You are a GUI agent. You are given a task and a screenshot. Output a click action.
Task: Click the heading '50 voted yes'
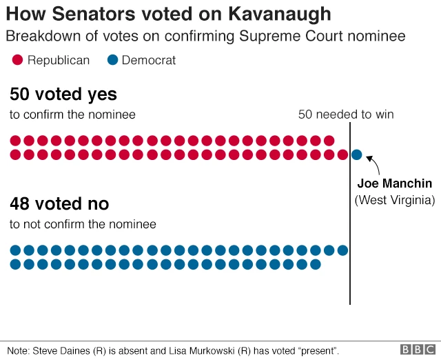point(63,94)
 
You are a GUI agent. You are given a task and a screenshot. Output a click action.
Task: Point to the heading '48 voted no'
point(59,204)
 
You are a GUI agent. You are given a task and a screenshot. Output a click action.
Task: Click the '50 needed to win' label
point(346,114)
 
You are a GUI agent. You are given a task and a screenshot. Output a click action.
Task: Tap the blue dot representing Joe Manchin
point(356,154)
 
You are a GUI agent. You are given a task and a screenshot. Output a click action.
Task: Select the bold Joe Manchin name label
point(395,183)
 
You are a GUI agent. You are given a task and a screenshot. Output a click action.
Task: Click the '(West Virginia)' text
point(395,200)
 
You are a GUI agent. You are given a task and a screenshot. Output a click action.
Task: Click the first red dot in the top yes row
point(15,141)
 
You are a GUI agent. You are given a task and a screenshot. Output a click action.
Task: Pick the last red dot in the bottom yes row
point(342,154)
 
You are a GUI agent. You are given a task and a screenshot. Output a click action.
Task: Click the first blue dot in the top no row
point(15,250)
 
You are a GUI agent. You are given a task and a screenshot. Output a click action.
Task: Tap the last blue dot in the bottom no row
point(316,264)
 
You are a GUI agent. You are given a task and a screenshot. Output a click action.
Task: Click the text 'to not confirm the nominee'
point(83,224)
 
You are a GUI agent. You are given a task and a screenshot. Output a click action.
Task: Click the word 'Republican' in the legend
point(59,61)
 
